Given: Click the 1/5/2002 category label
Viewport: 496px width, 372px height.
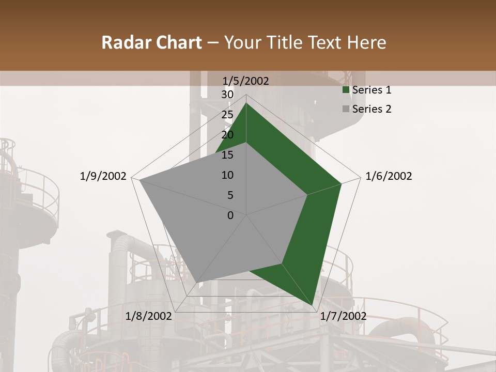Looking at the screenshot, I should pos(246,81).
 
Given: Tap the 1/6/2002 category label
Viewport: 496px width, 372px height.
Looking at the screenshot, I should pos(389,176).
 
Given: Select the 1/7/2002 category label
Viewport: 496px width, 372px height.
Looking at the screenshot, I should pos(343,316).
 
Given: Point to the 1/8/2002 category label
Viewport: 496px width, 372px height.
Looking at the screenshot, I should pos(149,316).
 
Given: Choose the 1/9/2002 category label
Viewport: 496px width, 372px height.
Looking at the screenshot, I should pos(103,176).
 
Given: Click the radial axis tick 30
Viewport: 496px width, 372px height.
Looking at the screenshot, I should pos(227,95).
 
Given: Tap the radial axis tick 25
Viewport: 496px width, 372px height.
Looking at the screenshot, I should pos(227,115).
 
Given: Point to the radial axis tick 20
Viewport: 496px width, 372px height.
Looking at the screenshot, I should pos(227,135).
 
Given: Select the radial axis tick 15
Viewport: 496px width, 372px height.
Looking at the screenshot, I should pos(227,155).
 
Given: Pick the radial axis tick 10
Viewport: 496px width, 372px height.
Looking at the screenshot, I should pos(227,175).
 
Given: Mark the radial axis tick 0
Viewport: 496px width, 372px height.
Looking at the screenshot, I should pos(230,215).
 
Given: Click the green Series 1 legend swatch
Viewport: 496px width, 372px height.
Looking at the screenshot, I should pos(346,90).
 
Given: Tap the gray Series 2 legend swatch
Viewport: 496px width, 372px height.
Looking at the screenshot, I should pos(346,109).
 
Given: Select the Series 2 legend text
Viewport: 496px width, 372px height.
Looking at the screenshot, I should pos(371,109).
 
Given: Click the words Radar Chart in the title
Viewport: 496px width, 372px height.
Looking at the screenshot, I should pos(151,42).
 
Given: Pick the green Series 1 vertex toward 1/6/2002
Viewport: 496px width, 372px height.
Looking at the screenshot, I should pos(342,183).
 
